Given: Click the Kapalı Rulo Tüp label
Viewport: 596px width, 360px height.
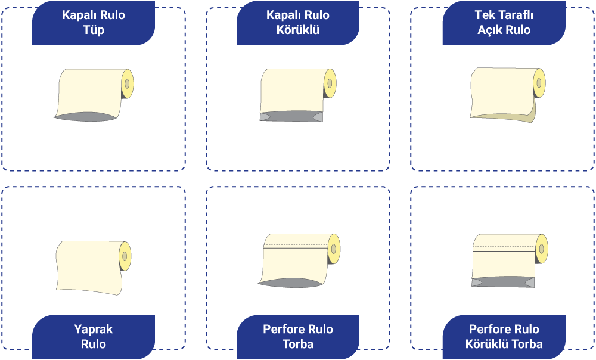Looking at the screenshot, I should click(x=94, y=23).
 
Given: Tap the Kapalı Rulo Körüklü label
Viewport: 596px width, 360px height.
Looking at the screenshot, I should click(x=298, y=23).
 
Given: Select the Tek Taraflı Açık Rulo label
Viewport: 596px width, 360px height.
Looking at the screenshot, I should click(x=504, y=23).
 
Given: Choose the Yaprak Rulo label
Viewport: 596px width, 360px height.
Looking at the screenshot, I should click(x=94, y=336).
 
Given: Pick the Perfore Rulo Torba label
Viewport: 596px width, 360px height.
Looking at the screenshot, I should click(x=298, y=336).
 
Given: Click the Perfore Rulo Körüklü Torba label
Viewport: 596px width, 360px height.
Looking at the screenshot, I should click(x=504, y=336).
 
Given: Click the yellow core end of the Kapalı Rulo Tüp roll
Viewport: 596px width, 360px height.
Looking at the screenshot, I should click(x=127, y=84).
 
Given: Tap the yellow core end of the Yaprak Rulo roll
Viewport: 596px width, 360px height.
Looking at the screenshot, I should click(x=125, y=256).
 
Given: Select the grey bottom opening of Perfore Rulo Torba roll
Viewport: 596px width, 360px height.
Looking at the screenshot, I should click(x=292, y=283).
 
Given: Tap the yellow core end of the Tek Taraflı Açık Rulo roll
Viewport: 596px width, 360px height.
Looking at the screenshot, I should click(x=539, y=83).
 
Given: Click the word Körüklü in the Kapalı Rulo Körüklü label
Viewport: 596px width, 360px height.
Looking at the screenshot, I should click(x=298, y=29).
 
